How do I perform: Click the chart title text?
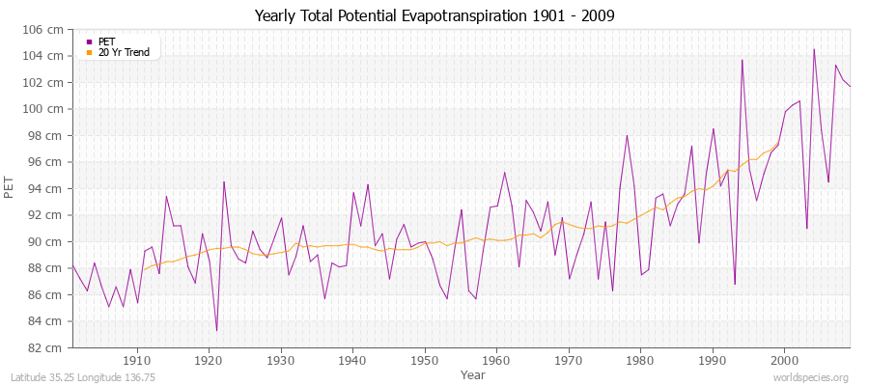click(x=434, y=16)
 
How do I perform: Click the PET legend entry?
click(x=106, y=41)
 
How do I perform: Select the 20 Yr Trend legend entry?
click(x=124, y=52)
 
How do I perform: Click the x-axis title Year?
click(x=473, y=374)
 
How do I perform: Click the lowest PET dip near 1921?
click(x=216, y=330)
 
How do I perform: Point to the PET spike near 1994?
click(x=742, y=60)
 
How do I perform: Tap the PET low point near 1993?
click(x=735, y=284)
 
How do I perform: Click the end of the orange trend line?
click(x=778, y=144)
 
